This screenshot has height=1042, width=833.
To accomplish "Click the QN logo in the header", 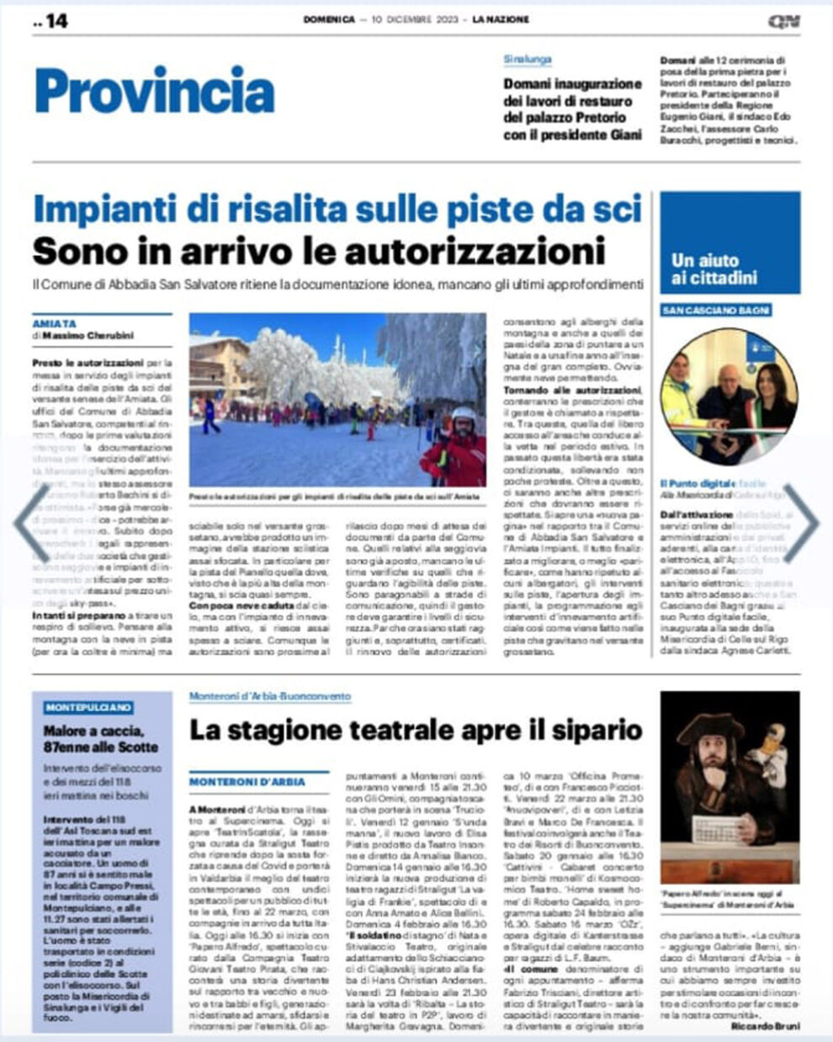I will pos(783,21).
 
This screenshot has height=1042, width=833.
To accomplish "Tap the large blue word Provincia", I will pos(155,92).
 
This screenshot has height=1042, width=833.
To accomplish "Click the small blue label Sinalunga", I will pos(528,61).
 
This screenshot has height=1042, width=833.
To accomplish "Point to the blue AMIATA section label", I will pos(55,323).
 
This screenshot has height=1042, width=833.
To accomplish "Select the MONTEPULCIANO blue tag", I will pos(88,708).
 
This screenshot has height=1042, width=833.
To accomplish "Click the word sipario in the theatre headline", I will pos(597,730).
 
